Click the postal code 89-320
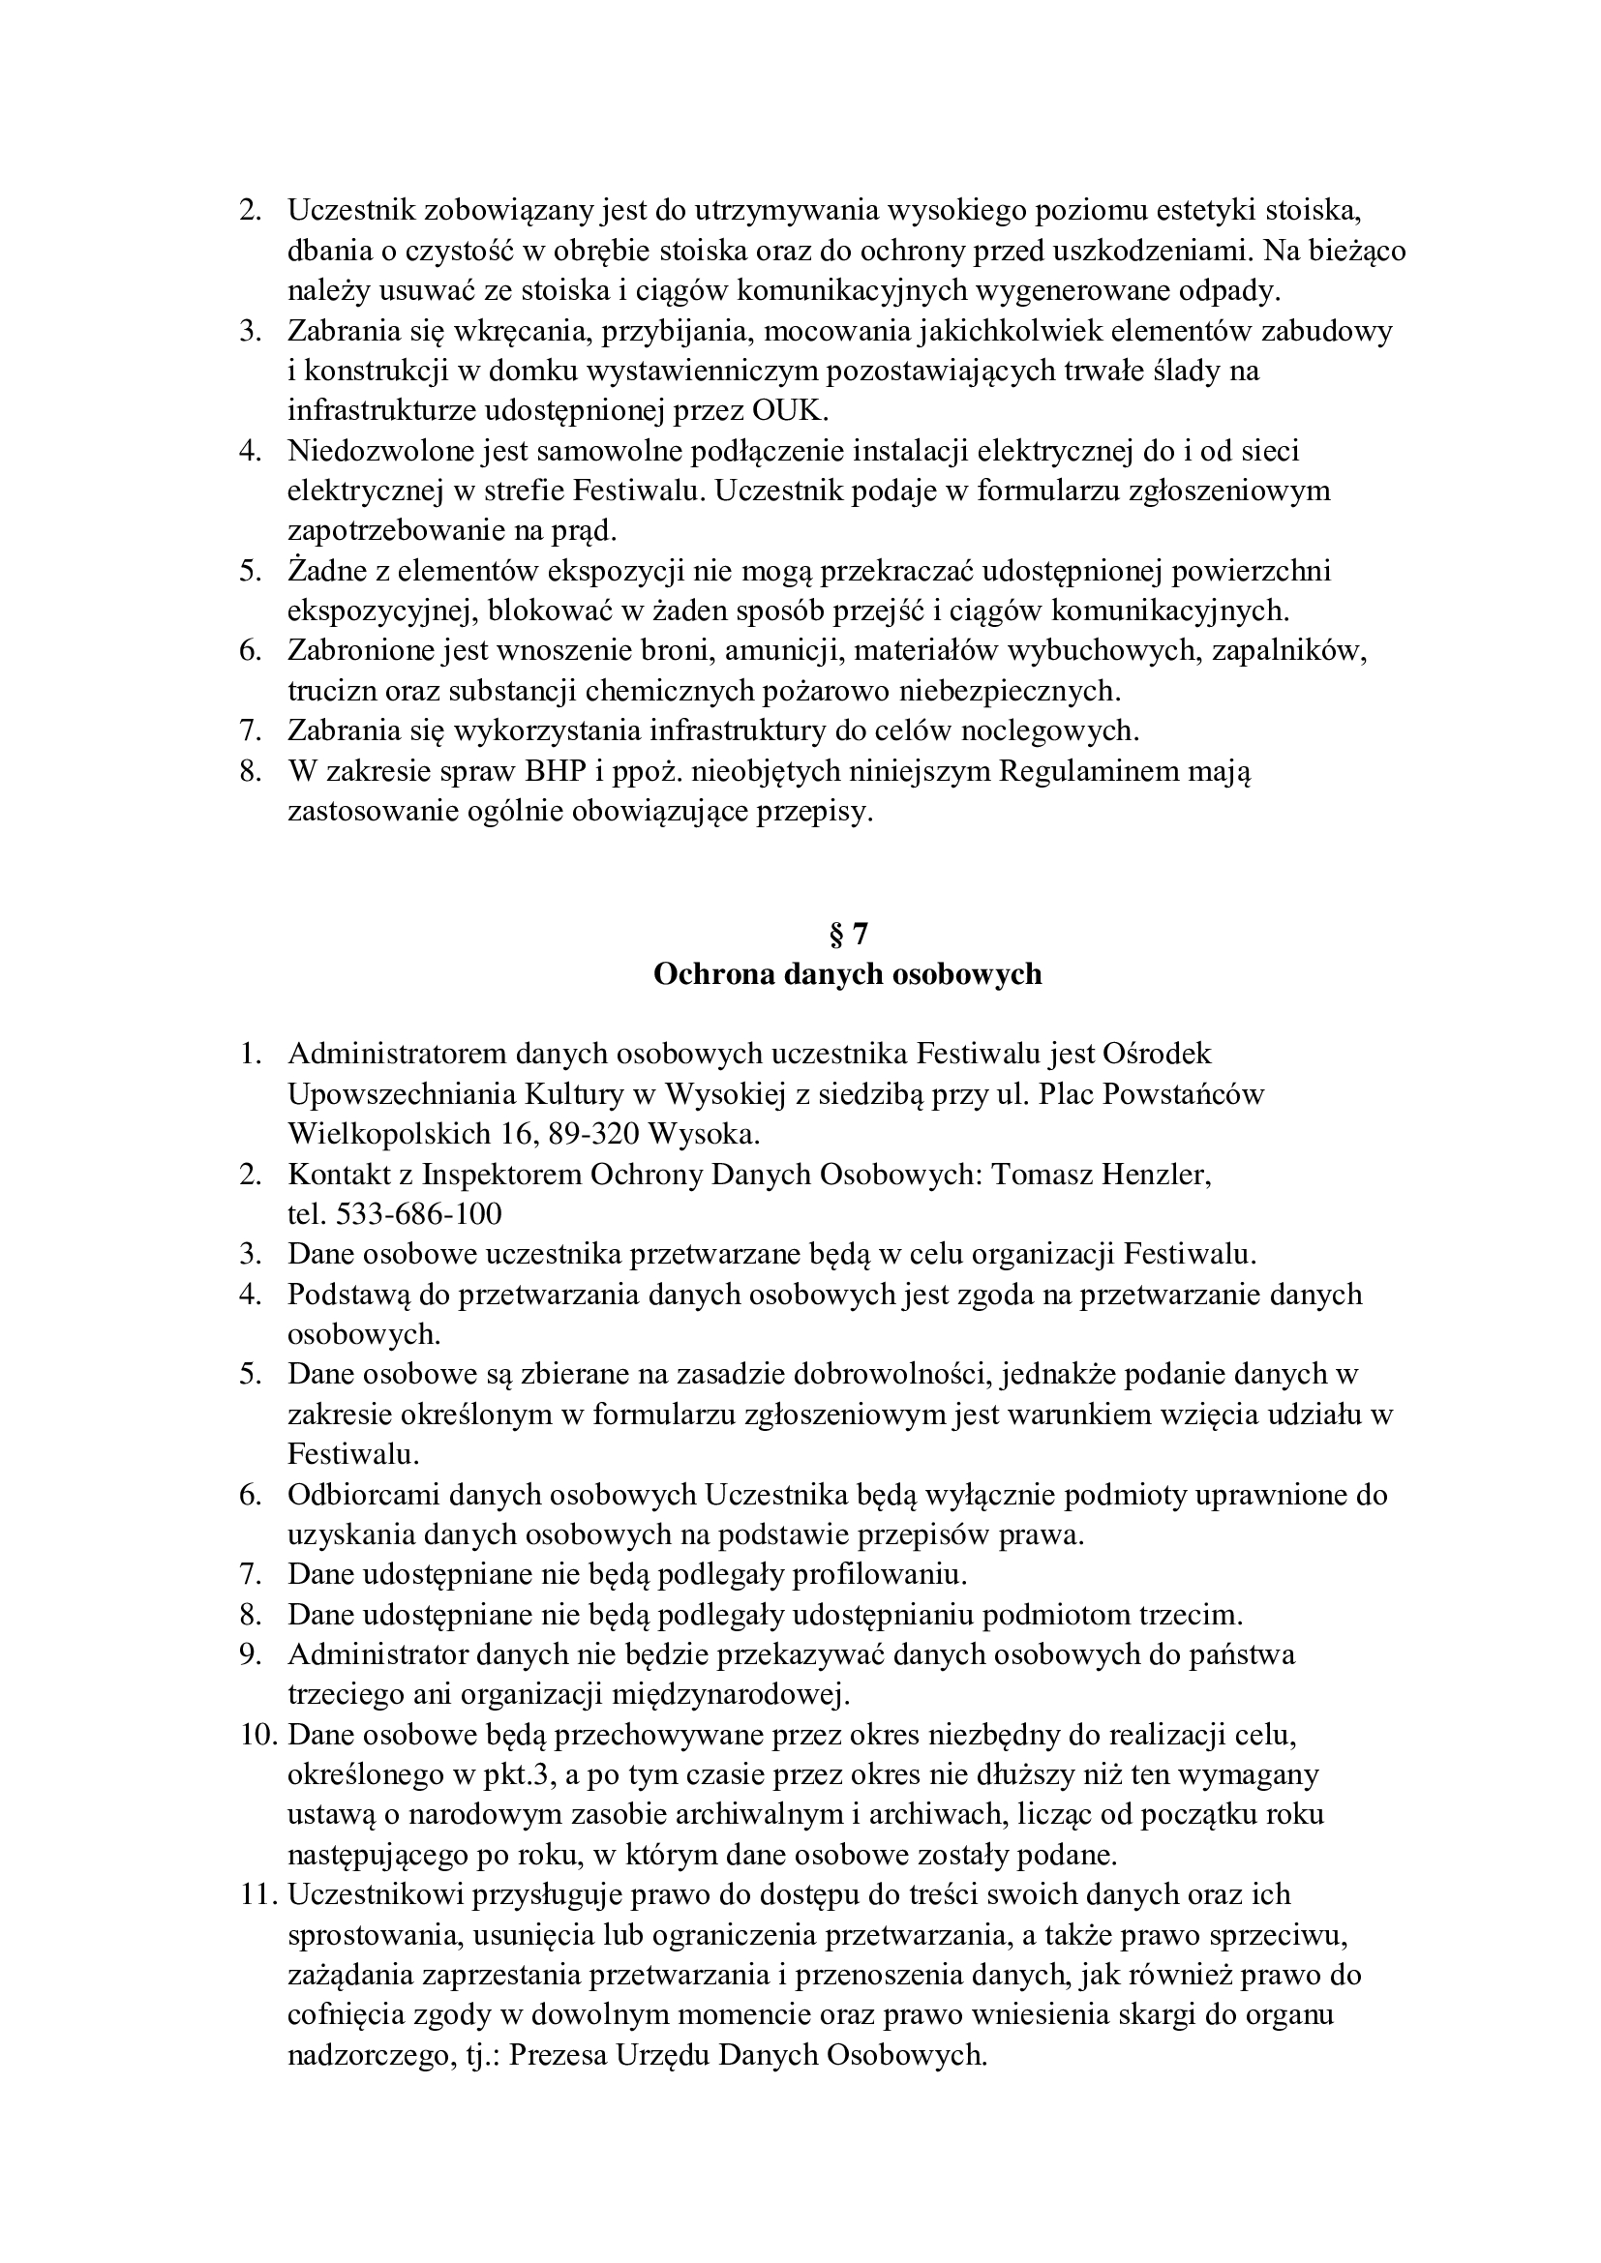pos(588,1134)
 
